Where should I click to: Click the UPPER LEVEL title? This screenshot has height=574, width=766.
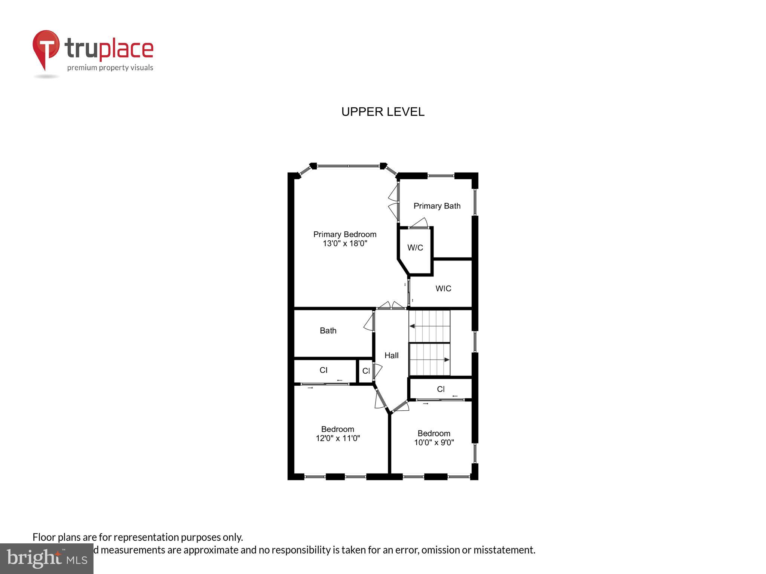pos(383,112)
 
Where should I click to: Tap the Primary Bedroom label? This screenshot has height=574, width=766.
pos(344,234)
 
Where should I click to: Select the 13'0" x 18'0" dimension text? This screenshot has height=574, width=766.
pos(345,244)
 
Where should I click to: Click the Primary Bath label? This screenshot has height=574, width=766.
pos(436,206)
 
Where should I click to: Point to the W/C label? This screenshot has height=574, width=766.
pos(415,248)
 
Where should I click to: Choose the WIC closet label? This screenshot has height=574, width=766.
pos(443,288)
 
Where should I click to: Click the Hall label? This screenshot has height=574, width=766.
pos(391,355)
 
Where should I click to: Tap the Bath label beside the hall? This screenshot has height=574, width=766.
pos(328,331)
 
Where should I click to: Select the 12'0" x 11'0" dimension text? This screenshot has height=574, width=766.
pos(337,438)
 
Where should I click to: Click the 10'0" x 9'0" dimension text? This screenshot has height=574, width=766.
pos(434,442)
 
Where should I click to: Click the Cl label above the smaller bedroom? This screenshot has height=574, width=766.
pos(441,389)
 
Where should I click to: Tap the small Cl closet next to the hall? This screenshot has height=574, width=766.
pos(366,371)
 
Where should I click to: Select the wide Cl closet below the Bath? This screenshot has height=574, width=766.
pos(324,370)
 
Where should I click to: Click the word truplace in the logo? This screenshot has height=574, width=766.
pos(109,49)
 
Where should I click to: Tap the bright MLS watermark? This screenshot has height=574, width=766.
pos(46,558)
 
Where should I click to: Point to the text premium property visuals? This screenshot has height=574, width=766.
pos(110,68)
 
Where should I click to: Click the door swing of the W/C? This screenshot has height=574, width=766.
pos(419,223)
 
